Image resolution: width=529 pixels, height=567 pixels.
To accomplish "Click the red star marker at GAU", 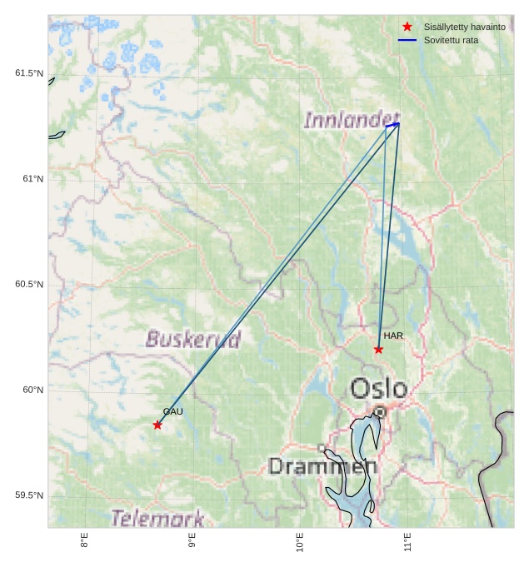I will point(157,425).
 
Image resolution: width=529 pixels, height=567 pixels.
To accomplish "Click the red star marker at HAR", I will point(378,349).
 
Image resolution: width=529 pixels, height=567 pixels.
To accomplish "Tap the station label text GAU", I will point(172,411).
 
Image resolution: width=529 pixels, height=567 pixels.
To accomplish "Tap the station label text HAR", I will point(393,336).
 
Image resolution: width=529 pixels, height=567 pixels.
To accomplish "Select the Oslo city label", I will point(378,389).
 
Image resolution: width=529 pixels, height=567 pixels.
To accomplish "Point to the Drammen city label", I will point(322,465).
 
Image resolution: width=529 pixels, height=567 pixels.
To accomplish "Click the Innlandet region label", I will point(352,121).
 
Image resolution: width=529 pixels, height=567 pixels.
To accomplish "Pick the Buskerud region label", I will point(193,339).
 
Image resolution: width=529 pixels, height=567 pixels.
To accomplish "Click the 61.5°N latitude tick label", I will point(29,73).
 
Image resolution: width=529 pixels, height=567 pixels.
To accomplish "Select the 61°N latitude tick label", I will point(32,179).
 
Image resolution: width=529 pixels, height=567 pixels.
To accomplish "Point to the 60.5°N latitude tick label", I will point(29,284).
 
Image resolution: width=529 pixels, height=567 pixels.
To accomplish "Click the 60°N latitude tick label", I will point(32,390).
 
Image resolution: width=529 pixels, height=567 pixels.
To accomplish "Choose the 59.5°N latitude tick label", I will point(29,495).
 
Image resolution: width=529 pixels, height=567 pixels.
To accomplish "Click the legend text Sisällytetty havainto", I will point(464,27).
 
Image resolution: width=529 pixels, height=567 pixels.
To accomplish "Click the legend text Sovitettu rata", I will point(451,40).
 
